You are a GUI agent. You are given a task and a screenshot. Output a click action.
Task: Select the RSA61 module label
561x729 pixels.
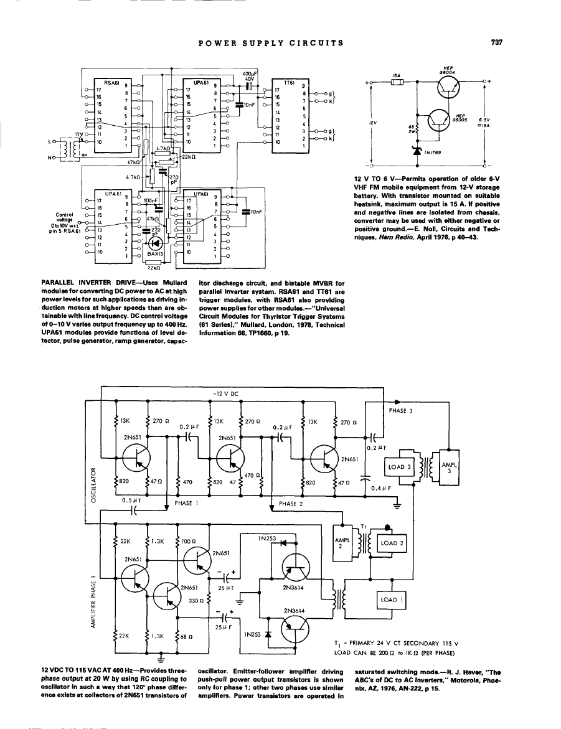click(111, 82)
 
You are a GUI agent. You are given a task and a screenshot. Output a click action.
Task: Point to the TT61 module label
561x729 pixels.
click(289, 82)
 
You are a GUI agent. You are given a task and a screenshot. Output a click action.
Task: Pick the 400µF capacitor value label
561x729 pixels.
click(250, 73)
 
